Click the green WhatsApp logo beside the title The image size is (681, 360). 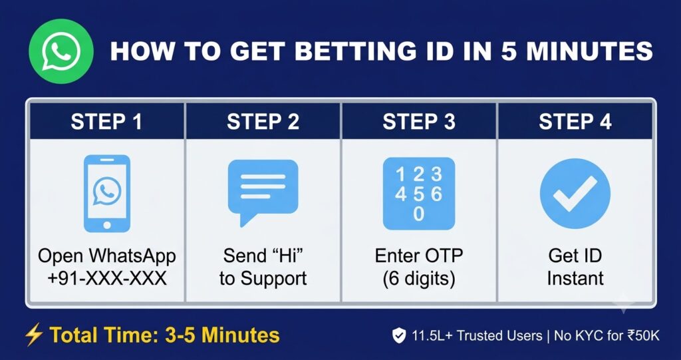61,51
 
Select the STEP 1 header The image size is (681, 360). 106,122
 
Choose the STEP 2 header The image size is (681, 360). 263,122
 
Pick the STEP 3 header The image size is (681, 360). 419,122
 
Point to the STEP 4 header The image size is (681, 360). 575,122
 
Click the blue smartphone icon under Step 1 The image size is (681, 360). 107,194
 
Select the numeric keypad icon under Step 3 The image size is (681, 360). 419,194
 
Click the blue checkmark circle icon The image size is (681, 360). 575,194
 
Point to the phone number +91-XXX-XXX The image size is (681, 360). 107,278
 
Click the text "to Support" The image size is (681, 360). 263,279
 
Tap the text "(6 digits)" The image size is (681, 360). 419,279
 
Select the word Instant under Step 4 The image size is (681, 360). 575,278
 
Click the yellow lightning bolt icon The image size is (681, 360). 33,335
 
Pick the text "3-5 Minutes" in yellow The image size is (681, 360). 222,335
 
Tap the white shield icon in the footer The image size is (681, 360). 399,335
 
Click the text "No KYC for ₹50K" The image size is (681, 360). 607,335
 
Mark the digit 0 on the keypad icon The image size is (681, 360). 419,214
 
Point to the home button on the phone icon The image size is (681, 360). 107,225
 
